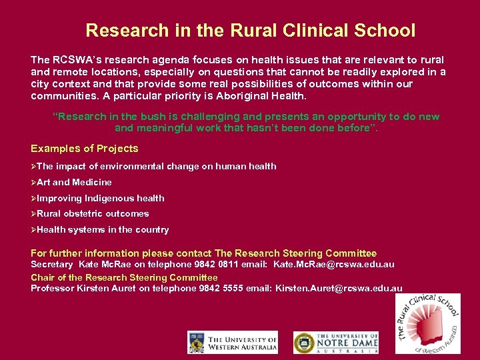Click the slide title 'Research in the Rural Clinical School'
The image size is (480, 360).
click(x=250, y=31)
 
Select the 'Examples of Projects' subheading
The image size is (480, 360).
click(x=85, y=149)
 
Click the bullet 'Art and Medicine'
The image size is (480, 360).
click(x=74, y=182)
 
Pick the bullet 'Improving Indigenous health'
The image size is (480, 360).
click(x=100, y=198)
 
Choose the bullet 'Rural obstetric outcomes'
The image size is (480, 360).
click(x=93, y=214)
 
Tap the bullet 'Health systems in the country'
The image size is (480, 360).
click(x=103, y=230)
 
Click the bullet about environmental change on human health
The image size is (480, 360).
click(x=156, y=166)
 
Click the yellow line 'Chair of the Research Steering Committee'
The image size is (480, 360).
click(x=124, y=277)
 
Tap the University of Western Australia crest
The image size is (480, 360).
click(x=197, y=343)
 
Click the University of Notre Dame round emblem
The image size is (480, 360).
click(x=303, y=343)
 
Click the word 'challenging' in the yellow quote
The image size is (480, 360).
click(x=163, y=117)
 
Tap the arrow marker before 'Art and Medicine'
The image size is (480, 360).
click(x=33, y=182)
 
